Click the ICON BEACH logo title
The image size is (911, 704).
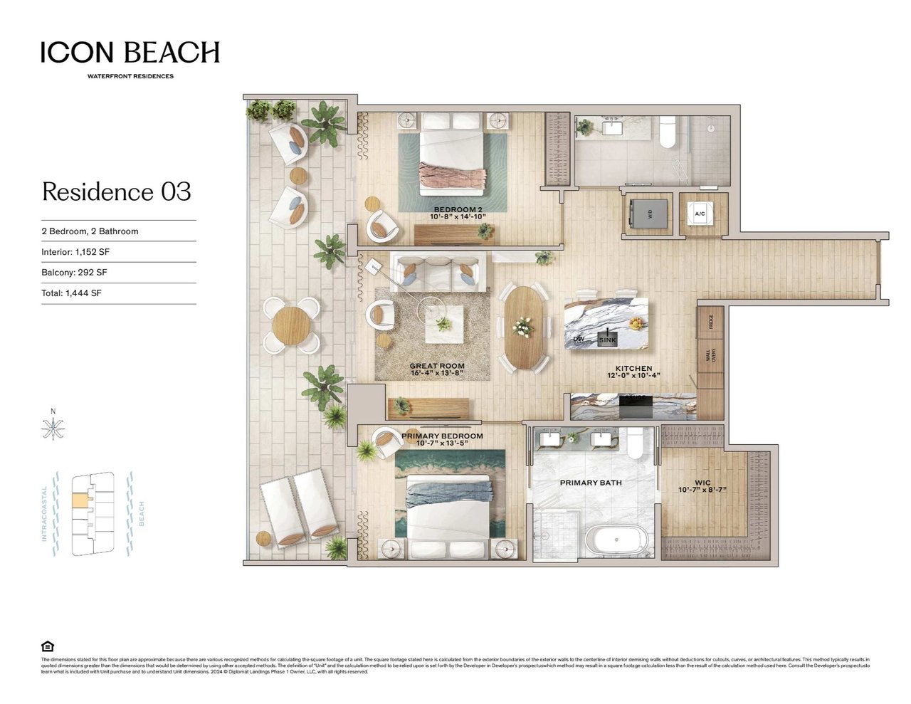click(x=130, y=53)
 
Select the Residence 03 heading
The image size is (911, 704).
click(x=117, y=191)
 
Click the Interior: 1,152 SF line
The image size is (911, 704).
click(x=75, y=252)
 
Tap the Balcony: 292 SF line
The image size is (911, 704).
click(x=74, y=273)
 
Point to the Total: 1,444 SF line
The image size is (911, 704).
click(x=71, y=293)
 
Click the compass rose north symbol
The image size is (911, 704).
click(x=53, y=428)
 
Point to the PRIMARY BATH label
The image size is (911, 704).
click(x=591, y=483)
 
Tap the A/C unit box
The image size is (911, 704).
click(x=700, y=214)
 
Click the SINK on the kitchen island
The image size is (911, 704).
click(x=607, y=340)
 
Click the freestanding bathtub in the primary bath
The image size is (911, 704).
click(x=616, y=542)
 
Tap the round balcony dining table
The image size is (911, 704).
click(x=291, y=325)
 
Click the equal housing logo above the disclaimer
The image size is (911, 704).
click(x=48, y=646)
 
